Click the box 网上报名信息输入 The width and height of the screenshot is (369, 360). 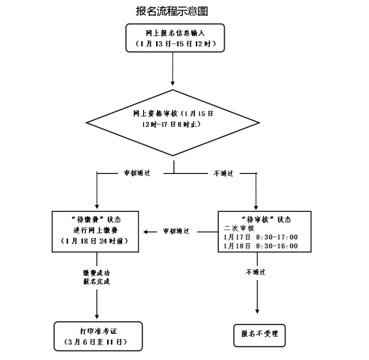pyautogui.click(x=175, y=33)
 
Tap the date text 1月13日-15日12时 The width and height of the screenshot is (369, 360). pyautogui.click(x=175, y=44)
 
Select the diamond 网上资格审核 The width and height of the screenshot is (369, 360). pyautogui.click(x=173, y=121)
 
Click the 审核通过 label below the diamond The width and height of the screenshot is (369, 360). pyautogui.click(x=137, y=173)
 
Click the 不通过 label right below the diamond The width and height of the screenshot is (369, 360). pyautogui.click(x=224, y=173)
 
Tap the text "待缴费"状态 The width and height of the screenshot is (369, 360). pyautogui.click(x=97, y=219)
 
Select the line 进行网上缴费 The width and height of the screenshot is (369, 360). pyautogui.click(x=97, y=230)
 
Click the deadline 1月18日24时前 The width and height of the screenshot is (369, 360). pyautogui.click(x=97, y=241)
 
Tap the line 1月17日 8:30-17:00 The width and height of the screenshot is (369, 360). pyautogui.click(x=260, y=237)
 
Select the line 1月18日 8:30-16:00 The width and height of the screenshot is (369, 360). pyautogui.click(x=260, y=246)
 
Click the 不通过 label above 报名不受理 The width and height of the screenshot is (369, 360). pyautogui.click(x=256, y=272)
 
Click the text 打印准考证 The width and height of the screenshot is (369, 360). pyautogui.click(x=98, y=331)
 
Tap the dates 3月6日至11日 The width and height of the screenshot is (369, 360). pyautogui.click(x=98, y=342)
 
